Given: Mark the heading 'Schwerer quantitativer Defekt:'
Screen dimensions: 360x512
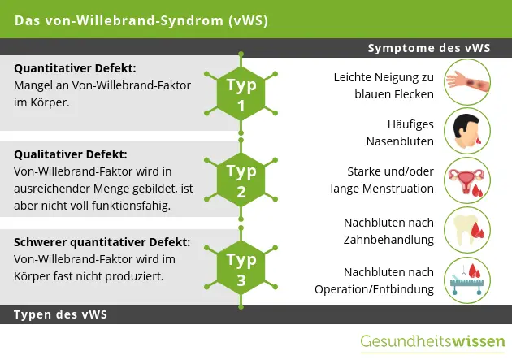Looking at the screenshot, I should [x=102, y=242].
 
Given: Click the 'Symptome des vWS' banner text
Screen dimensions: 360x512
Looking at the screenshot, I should [x=429, y=48].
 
